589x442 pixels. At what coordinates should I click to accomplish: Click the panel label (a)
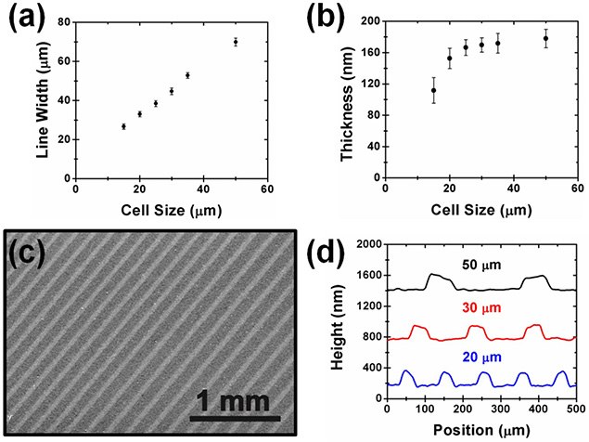click(25, 21)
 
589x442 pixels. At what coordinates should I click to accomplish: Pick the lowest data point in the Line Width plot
click(123, 126)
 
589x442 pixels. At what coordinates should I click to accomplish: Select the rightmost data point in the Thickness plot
click(546, 38)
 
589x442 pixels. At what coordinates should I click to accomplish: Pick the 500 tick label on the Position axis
click(576, 410)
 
